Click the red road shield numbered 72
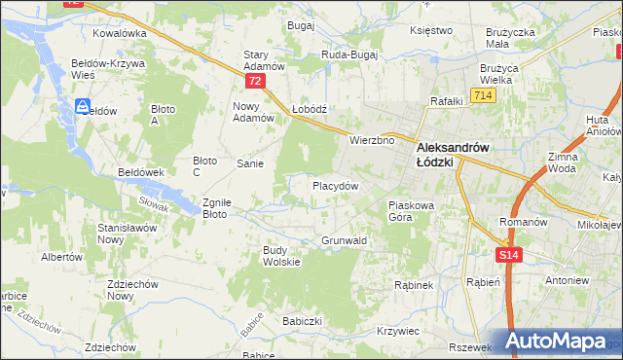255,82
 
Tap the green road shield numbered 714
481,94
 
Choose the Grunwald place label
344,239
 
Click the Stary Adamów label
264,60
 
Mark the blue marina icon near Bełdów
84,106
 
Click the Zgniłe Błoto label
214,208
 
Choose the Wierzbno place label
372,140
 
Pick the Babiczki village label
302,320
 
